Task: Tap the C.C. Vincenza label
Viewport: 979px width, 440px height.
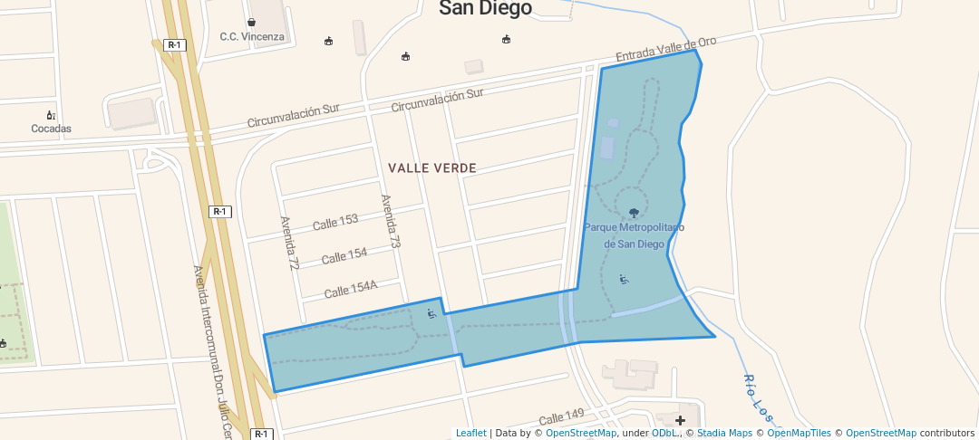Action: (252, 37)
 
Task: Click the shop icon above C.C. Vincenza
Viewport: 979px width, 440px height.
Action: (251, 22)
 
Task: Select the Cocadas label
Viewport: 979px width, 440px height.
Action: (51, 129)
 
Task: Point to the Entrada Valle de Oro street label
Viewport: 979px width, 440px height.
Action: (666, 50)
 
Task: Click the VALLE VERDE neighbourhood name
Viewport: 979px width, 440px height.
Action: (432, 168)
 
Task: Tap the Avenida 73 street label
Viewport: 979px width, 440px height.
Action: (390, 222)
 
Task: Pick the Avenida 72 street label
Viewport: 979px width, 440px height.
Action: (289, 243)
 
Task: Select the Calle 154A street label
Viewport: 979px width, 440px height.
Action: (350, 290)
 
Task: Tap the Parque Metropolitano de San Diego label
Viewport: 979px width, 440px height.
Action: (634, 235)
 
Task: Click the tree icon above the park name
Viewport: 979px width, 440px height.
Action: (633, 214)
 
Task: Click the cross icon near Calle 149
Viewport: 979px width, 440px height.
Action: (680, 420)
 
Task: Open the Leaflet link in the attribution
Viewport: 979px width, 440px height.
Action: (470, 434)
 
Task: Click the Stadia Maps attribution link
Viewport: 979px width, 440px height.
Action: (724, 434)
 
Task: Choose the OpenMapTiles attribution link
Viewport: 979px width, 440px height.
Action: (794, 434)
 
